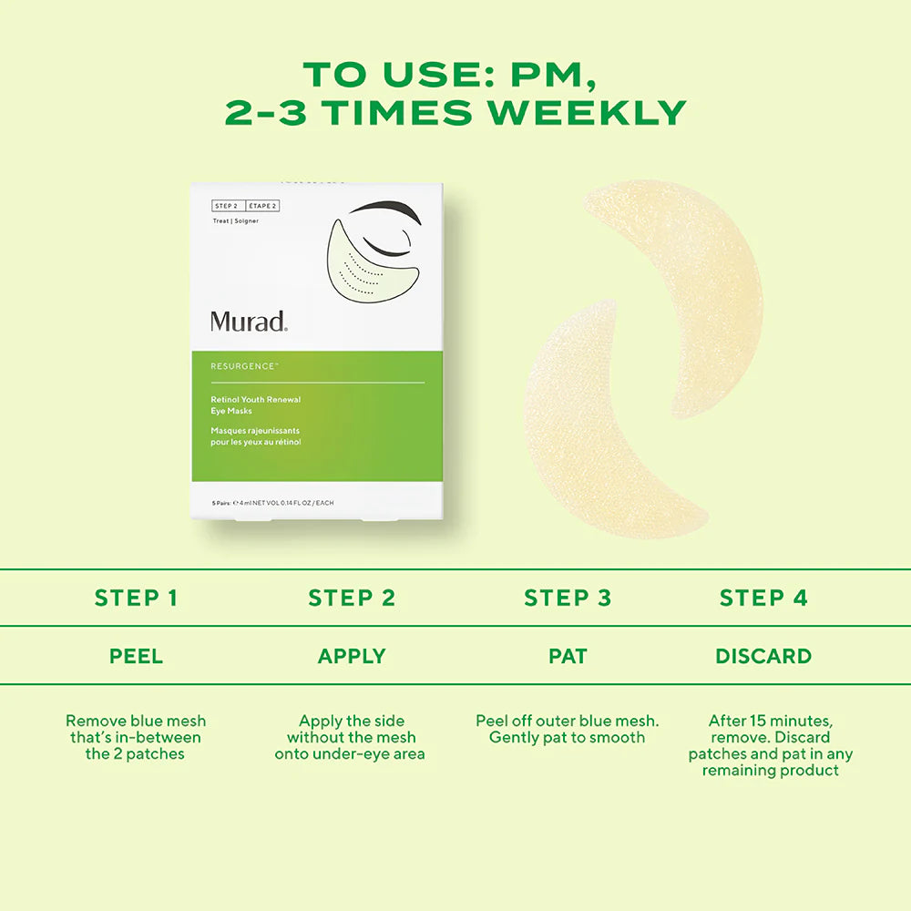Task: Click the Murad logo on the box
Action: click(x=249, y=321)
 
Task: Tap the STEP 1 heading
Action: click(x=136, y=598)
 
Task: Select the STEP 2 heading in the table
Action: click(x=352, y=598)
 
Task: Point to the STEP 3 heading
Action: click(x=567, y=598)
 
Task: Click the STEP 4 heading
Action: click(x=763, y=598)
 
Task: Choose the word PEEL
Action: click(x=136, y=656)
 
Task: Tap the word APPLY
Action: click(x=352, y=656)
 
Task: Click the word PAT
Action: click(x=567, y=656)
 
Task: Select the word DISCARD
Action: click(x=763, y=656)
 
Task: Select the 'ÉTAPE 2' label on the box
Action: click(x=261, y=206)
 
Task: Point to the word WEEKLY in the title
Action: click(x=587, y=112)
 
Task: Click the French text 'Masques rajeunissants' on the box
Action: click(x=255, y=431)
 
